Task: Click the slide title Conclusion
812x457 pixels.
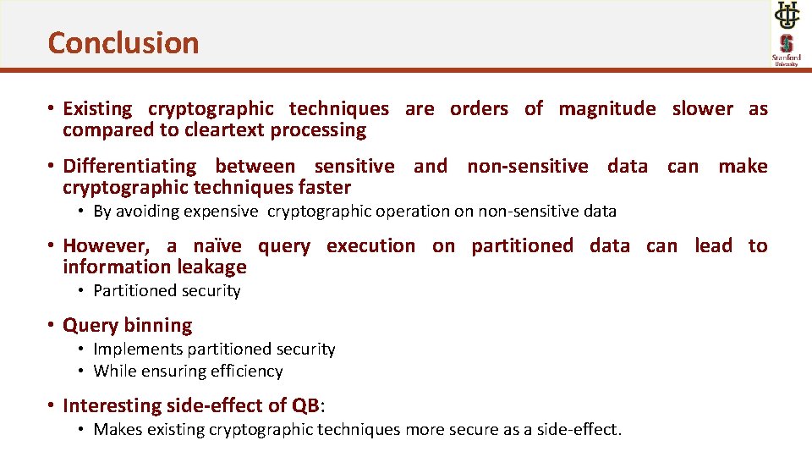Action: [123, 42]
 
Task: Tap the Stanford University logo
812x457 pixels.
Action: [786, 49]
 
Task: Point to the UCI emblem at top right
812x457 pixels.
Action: [786, 14]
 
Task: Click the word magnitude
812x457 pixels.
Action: [606, 108]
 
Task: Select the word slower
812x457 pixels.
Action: [702, 108]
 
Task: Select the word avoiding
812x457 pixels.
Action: [145, 212]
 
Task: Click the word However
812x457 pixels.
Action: [107, 246]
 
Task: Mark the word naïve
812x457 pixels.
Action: [217, 246]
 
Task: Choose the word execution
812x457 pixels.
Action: [370, 246]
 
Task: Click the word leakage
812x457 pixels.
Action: [211, 267]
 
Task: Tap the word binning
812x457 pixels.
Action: [160, 326]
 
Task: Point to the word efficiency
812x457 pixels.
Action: [244, 372]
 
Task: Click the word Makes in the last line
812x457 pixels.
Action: [118, 430]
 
